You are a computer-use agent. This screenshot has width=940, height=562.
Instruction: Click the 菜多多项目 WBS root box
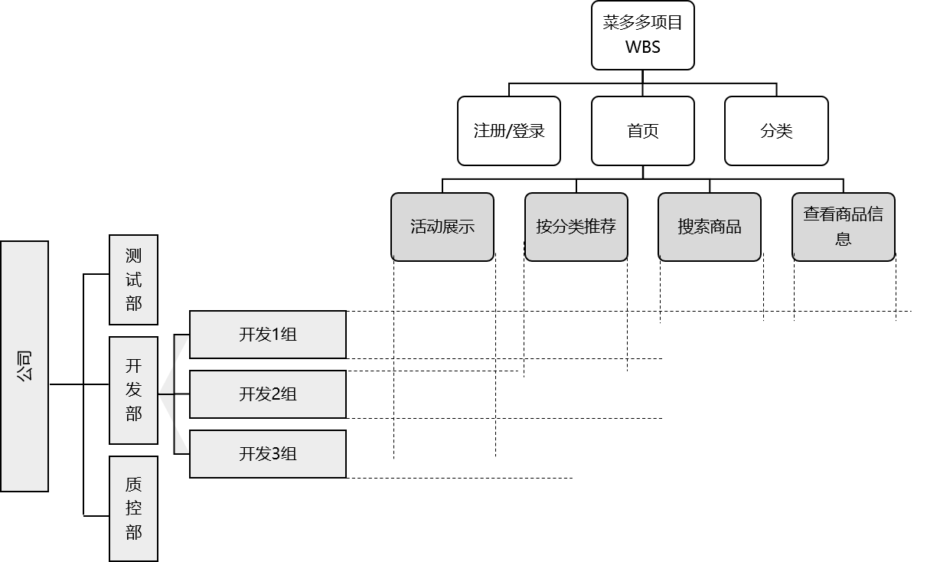pyautogui.click(x=642, y=35)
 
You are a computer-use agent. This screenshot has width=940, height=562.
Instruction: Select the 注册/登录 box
pyautogui.click(x=508, y=131)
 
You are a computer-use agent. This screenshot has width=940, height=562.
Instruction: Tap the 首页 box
pyautogui.click(x=642, y=131)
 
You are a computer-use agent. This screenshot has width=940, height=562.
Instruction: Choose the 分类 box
pyautogui.click(x=776, y=131)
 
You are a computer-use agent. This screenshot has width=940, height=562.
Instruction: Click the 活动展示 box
pyautogui.click(x=442, y=227)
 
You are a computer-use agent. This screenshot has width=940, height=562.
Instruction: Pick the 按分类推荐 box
pyautogui.click(x=576, y=227)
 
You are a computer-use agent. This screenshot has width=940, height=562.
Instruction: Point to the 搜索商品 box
pyautogui.click(x=710, y=227)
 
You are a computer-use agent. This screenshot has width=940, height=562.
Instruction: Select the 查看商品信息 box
pyautogui.click(x=843, y=227)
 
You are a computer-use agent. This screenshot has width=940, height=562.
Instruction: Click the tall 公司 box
pyautogui.click(x=24, y=366)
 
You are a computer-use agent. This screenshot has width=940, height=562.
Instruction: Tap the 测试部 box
pyautogui.click(x=133, y=279)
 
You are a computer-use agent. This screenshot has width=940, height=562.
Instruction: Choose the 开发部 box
pyautogui.click(x=133, y=390)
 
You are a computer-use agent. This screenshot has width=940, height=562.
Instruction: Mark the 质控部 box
pyautogui.click(x=133, y=508)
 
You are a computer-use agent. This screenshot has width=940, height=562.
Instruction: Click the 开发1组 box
pyautogui.click(x=268, y=335)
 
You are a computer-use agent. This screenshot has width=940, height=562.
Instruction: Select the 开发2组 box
pyautogui.click(x=268, y=394)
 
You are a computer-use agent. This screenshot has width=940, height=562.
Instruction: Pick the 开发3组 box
pyautogui.click(x=268, y=454)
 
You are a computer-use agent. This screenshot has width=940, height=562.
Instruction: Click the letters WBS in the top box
pyautogui.click(x=642, y=47)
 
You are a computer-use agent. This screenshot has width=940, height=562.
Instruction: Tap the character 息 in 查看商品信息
pyautogui.click(x=843, y=239)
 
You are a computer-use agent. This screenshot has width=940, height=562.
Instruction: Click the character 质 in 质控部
pyautogui.click(x=133, y=485)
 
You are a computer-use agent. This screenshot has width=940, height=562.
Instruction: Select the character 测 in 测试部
pyautogui.click(x=133, y=256)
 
